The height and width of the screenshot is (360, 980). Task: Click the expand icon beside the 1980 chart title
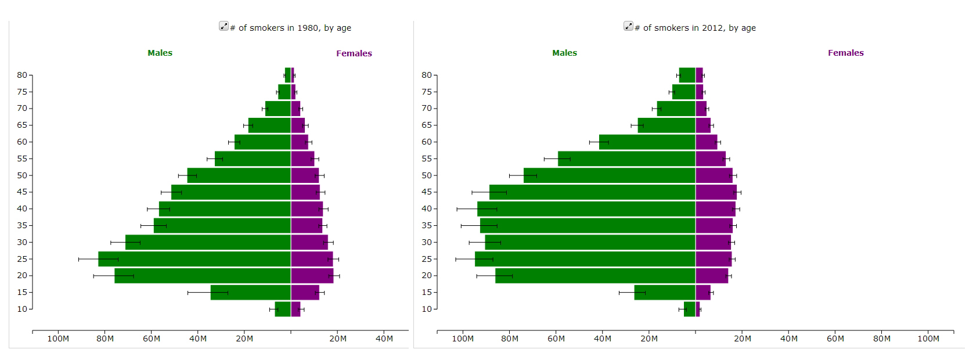[x=224, y=26]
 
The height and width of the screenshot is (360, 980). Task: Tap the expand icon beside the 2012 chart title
[x=628, y=26]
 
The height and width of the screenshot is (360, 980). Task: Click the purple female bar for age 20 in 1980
[x=312, y=276]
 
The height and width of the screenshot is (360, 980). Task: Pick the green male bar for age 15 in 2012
[x=665, y=293]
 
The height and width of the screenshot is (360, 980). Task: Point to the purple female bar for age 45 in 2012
[x=716, y=192]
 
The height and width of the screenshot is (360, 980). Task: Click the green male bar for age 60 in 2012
[x=647, y=142]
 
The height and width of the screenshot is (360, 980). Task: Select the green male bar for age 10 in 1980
[x=283, y=309]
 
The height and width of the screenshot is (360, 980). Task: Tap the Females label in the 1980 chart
[x=354, y=53]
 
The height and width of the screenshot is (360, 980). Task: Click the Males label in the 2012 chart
[x=564, y=53]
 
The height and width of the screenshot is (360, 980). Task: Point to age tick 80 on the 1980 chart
[x=22, y=75]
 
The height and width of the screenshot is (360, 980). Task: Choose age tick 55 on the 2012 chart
[x=427, y=159]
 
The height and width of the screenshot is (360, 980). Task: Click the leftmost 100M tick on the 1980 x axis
[x=58, y=339]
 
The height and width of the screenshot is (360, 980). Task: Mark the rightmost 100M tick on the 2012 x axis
[x=928, y=339]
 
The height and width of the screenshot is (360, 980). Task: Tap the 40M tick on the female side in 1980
[x=384, y=339]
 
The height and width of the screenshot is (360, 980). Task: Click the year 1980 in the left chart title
[x=308, y=28]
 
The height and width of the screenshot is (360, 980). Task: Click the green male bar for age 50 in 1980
[x=239, y=175]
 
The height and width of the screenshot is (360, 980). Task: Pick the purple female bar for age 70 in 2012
[x=701, y=109]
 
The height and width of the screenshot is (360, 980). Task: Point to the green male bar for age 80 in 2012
[x=687, y=75]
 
